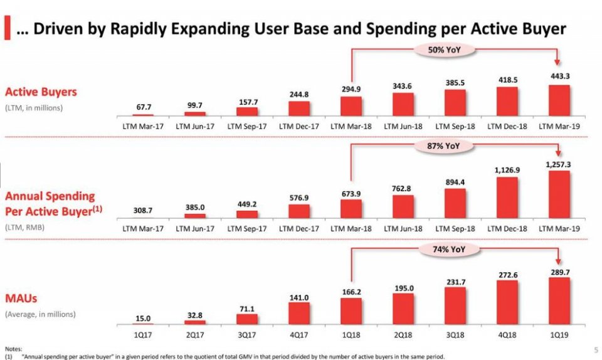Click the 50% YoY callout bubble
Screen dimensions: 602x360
pyautogui.click(x=444, y=50)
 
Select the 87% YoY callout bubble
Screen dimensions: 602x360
pyautogui.click(x=443, y=146)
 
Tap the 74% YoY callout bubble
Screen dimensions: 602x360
pyautogui.click(x=449, y=250)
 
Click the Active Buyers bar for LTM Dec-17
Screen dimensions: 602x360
pyautogui.click(x=298, y=109)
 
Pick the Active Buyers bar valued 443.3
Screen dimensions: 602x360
pyautogui.click(x=559, y=100)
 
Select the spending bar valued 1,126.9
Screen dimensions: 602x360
pyautogui.click(x=507, y=198)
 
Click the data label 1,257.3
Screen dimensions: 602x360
pyautogui.click(x=558, y=165)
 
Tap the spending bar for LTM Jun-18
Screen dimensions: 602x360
pyautogui.click(x=403, y=207)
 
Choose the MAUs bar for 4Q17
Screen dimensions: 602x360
pyautogui.click(x=298, y=314)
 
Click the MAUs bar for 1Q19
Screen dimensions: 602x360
pyautogui.click(x=559, y=301)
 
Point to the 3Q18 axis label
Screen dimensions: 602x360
pyautogui.click(x=455, y=335)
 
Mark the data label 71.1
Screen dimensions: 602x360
pyautogui.click(x=247, y=309)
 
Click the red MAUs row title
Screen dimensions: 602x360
pyautogui.click(x=21, y=299)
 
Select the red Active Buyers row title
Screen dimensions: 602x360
pyautogui.click(x=41, y=92)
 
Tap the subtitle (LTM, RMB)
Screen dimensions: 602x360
pyautogui.click(x=24, y=227)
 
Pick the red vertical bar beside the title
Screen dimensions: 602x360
pyautogui.click(x=8, y=27)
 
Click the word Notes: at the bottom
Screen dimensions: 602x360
pyautogui.click(x=13, y=349)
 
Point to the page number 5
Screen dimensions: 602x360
pyautogui.click(x=596, y=349)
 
